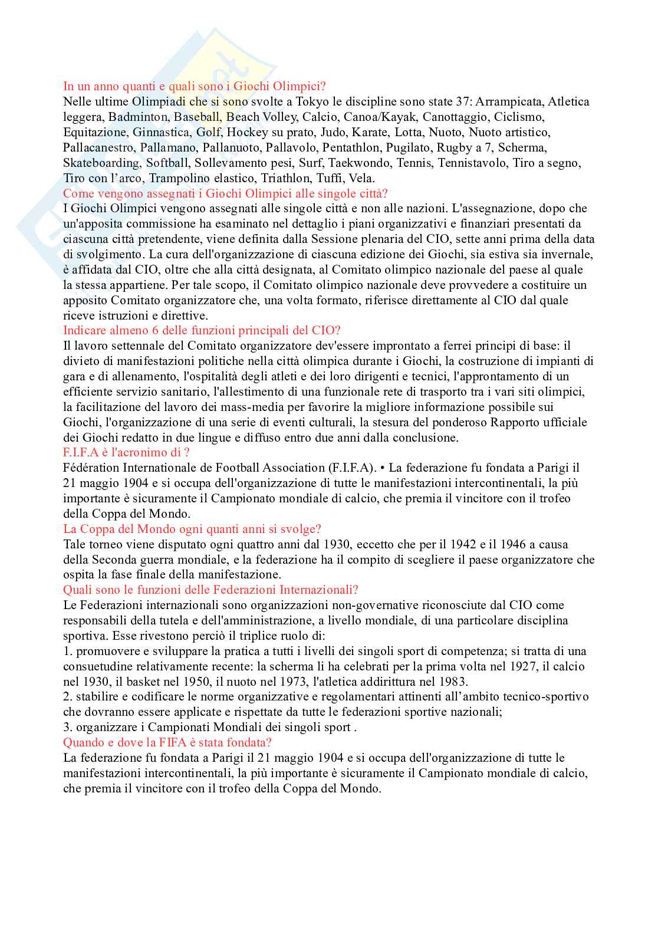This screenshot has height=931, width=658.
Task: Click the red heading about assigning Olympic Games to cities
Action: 225,193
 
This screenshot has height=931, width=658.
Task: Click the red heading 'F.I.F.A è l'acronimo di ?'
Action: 126,453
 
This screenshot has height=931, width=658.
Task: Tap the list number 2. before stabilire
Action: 68,697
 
